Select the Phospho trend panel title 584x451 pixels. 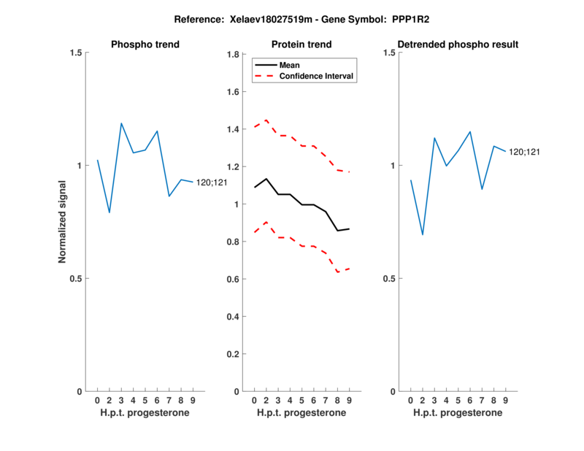[x=145, y=45]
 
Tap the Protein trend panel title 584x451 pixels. [x=301, y=45]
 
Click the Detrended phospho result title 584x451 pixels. [x=458, y=45]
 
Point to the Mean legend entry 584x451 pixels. [x=290, y=65]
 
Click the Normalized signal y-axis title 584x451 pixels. [x=63, y=222]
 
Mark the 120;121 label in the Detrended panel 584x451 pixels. [x=525, y=152]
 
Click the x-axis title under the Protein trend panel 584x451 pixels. [x=301, y=413]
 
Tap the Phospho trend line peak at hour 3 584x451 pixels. [x=121, y=123]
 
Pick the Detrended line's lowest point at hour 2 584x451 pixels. [x=422, y=234]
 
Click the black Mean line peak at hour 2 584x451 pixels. [x=266, y=179]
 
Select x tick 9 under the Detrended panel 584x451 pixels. [x=505, y=401]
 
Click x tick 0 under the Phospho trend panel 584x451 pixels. [x=98, y=401]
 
